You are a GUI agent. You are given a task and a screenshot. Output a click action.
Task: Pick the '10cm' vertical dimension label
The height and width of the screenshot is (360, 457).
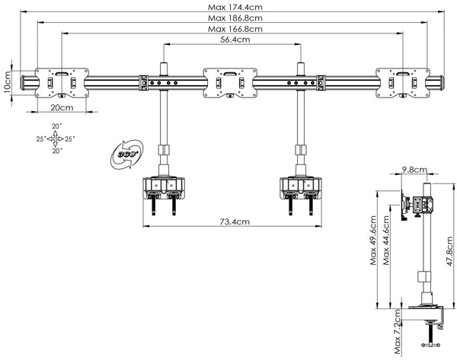tap(7, 79)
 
